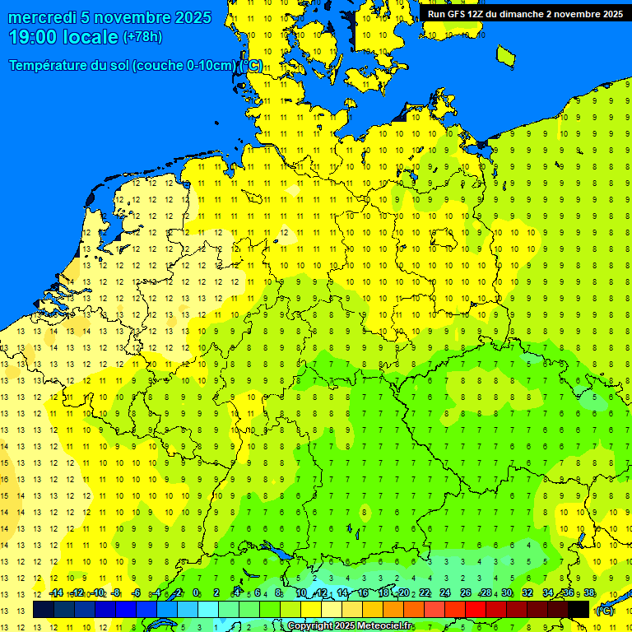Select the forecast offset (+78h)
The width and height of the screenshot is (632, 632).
point(142,37)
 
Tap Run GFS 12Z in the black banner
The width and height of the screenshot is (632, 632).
point(458,14)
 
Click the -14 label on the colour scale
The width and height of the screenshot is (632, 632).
point(56,592)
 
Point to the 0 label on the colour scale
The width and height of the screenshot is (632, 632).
point(196,592)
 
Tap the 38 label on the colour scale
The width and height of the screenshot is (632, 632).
point(589,592)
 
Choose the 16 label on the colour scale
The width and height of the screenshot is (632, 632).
point(363,592)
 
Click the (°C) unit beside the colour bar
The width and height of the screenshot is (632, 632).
point(605,610)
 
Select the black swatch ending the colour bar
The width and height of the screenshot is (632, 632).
point(579,610)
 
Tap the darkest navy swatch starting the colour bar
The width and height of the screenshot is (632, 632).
point(44,610)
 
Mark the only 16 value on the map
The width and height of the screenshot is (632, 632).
point(5,479)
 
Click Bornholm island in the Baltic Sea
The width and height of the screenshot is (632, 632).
point(506,54)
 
